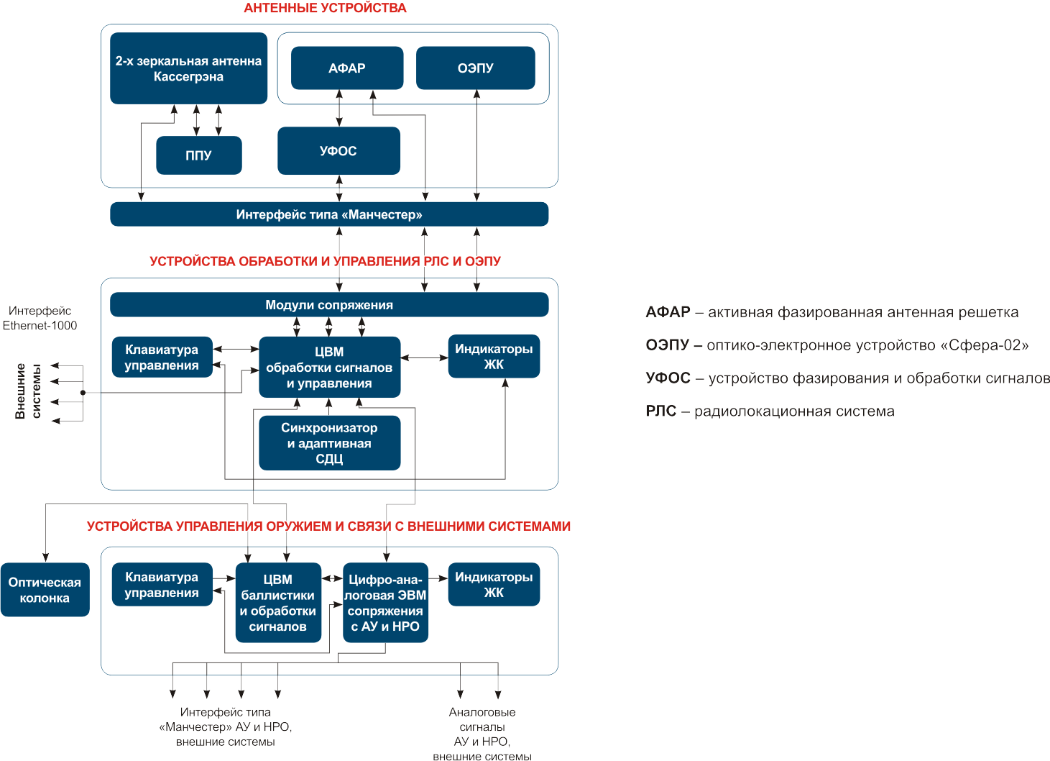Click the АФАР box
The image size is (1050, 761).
347,68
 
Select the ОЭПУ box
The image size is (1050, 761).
475,68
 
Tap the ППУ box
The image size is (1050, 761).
199,155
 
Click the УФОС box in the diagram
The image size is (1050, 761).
339,150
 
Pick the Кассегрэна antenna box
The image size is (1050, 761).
188,68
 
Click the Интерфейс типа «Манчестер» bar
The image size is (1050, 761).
329,214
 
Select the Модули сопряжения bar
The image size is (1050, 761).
329,304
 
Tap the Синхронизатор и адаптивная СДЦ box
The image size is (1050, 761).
330,443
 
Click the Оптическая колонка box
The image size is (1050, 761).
45,590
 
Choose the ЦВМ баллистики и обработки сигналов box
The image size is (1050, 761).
278,603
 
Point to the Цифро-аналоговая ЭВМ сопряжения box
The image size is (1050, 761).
385,603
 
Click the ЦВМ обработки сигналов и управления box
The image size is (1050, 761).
330,367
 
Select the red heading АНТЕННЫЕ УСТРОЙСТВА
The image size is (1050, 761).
325,8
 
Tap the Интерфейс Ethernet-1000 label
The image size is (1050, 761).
40,318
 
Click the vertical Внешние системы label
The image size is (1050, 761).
28,391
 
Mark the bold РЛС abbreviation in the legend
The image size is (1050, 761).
661,411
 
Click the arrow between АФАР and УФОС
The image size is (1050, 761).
339,108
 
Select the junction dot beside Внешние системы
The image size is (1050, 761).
83,393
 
